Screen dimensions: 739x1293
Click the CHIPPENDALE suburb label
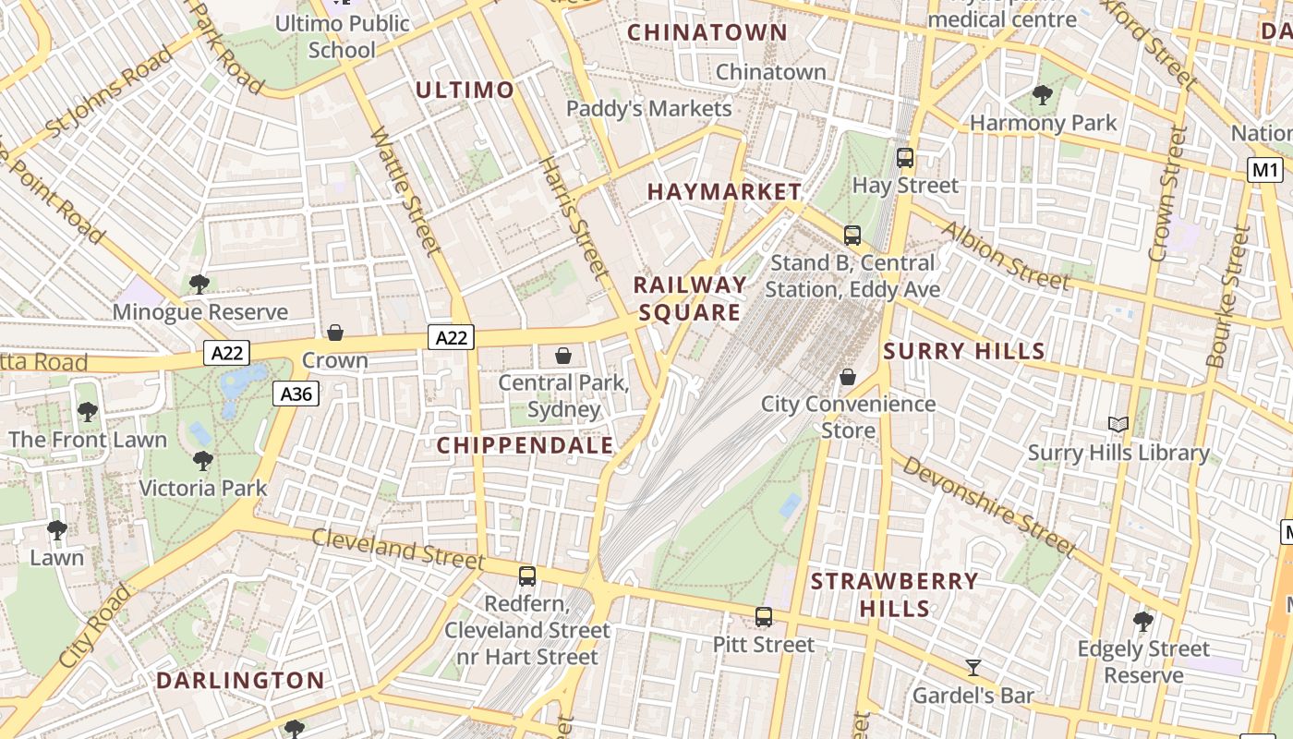point(525,445)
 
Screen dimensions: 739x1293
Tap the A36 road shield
point(296,394)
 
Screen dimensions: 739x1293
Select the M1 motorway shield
point(1264,170)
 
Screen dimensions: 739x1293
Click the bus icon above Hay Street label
point(905,158)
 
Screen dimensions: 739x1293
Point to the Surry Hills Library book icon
point(1118,424)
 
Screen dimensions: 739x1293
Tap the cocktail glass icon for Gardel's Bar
point(973,667)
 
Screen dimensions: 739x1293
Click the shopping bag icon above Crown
point(335,333)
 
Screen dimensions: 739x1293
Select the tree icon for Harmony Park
point(1042,94)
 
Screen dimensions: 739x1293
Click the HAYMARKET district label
point(724,192)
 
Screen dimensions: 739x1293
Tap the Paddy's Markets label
point(648,108)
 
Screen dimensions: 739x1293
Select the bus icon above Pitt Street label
point(763,617)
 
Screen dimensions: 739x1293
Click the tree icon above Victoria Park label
point(203,460)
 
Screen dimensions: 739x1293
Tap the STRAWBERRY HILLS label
point(894,595)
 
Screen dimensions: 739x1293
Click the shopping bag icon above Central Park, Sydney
point(563,356)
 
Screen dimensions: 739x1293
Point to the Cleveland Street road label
point(397,549)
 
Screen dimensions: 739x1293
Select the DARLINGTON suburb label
point(240,681)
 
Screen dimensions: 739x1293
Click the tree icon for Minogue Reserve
point(199,285)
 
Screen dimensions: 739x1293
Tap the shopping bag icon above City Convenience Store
point(847,377)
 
